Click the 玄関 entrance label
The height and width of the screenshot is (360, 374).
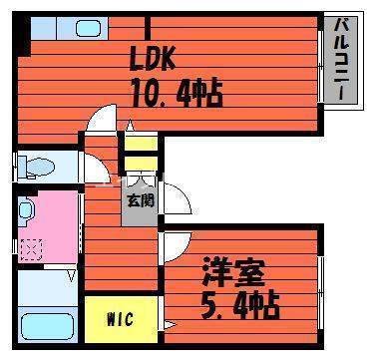click(140, 200)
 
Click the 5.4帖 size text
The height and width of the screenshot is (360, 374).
click(240, 300)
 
